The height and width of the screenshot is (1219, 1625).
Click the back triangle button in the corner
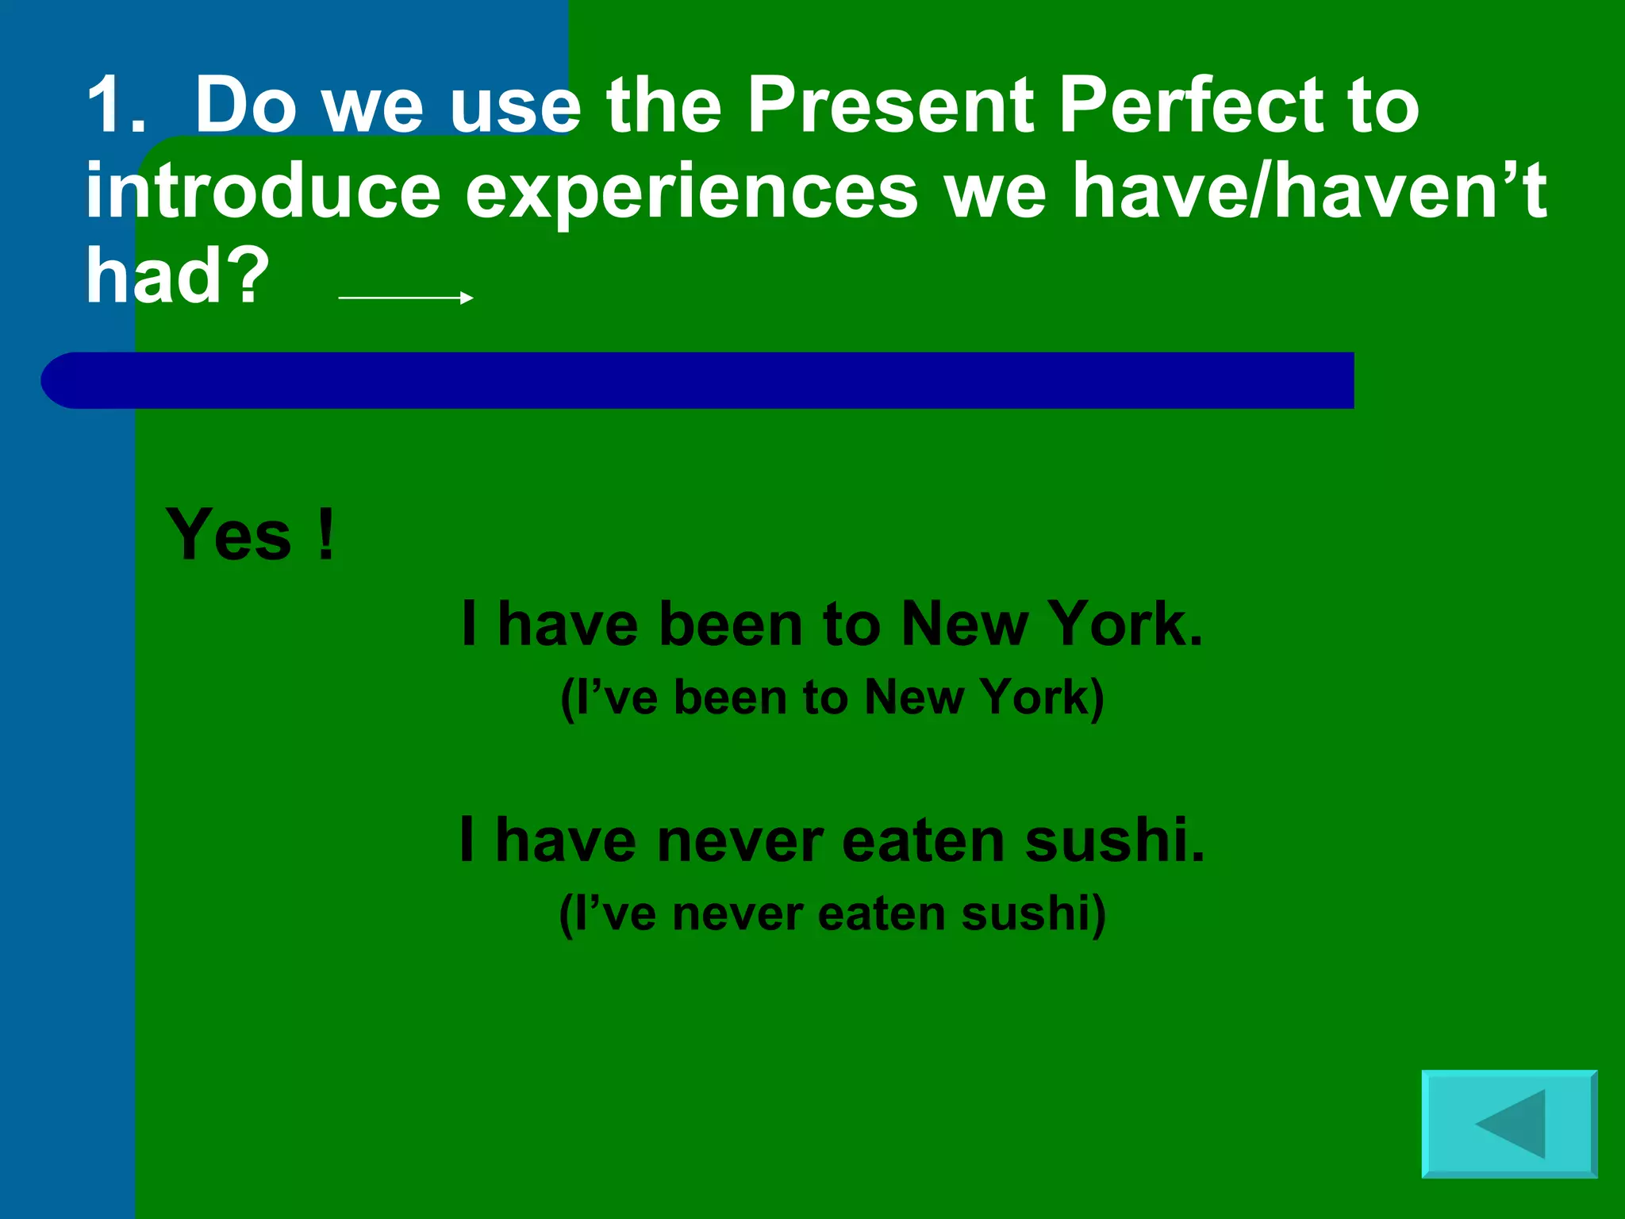pos(1509,1124)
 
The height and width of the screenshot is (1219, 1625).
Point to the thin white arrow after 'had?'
pos(405,298)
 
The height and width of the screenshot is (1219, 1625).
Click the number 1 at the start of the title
pos(108,105)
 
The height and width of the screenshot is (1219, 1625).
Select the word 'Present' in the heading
pos(890,105)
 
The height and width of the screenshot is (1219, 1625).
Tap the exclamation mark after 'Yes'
pos(326,535)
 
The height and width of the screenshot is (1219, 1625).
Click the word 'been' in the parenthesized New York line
pos(730,698)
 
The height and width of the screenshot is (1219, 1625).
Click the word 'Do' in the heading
pos(245,105)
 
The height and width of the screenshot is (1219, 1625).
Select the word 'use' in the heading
pos(515,105)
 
